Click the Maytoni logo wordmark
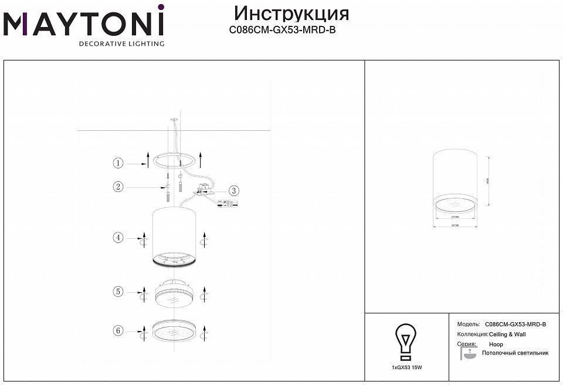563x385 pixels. pos(84,24)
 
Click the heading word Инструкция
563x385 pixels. pos(291,13)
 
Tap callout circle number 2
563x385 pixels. pos(118,187)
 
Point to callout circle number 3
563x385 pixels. pos(233,190)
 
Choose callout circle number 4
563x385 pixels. pos(118,238)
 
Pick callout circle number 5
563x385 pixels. pos(118,291)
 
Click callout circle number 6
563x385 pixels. pos(118,331)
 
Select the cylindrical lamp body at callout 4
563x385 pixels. pos(174,235)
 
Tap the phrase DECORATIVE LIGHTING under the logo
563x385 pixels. pos(121,43)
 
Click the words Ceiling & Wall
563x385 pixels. pos(507,334)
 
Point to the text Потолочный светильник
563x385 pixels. pos(515,353)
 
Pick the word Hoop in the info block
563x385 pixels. pos(496,344)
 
